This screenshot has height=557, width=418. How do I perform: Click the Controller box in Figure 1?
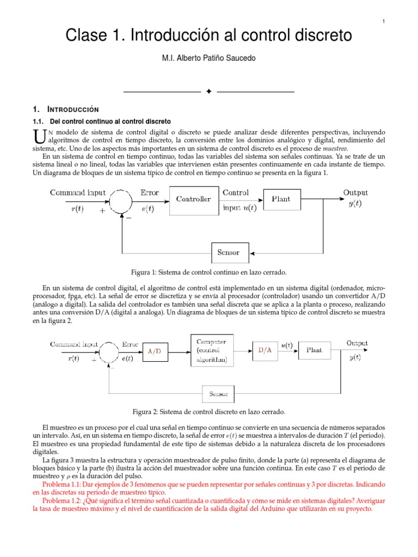click(x=193, y=199)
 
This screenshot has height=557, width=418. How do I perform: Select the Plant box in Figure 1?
click(x=281, y=199)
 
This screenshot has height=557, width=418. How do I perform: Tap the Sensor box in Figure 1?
click(x=232, y=252)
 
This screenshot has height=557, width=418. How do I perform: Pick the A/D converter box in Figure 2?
click(x=155, y=351)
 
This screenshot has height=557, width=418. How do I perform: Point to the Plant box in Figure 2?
click(x=314, y=351)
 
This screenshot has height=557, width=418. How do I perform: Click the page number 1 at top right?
click(x=384, y=21)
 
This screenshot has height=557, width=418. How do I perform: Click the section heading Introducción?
click(x=74, y=109)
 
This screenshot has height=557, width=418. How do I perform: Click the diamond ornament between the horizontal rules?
click(x=208, y=91)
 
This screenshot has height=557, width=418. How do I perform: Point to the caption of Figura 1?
click(x=209, y=272)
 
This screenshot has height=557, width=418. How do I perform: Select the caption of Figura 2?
click(x=209, y=412)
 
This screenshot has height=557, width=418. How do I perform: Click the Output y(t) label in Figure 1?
click(x=355, y=198)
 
